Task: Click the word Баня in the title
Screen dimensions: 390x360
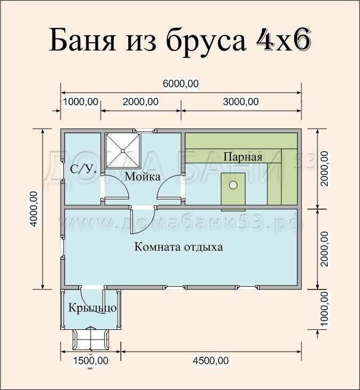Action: point(85,41)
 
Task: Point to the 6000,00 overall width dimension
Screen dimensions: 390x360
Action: point(181,84)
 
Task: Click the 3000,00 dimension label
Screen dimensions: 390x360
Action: point(240,102)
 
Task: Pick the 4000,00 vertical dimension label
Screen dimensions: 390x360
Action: point(34,209)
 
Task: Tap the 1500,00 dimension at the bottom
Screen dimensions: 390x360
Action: point(90,361)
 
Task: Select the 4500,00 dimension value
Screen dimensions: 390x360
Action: point(211,361)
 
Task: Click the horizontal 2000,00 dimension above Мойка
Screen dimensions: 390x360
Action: point(140,102)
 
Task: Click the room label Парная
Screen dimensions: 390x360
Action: point(242,157)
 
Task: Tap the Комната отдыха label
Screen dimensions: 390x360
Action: point(178,247)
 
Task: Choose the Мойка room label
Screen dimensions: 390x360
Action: point(143,176)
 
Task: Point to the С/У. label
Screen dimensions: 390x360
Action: point(83,170)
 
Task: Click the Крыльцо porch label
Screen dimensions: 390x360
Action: point(92,308)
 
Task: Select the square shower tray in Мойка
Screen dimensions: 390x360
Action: point(122,150)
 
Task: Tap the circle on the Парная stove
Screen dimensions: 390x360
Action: point(233,185)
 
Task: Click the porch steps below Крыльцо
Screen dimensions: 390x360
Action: point(91,337)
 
